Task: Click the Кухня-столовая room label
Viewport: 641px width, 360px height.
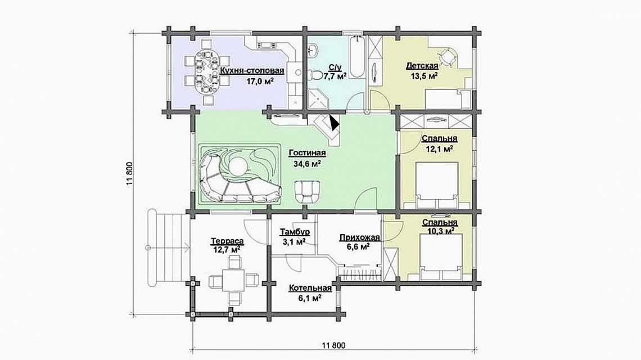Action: click(x=252, y=70)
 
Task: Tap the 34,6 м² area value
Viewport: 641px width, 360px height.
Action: click(x=307, y=164)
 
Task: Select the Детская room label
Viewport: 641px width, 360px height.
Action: click(x=422, y=66)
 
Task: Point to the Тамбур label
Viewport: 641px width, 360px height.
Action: click(x=295, y=232)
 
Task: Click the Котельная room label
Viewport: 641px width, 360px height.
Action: click(x=310, y=288)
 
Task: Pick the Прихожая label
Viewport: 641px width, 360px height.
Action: click(x=360, y=237)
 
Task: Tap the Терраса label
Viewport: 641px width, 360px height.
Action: click(x=227, y=241)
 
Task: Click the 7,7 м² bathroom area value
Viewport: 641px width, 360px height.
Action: click(x=335, y=76)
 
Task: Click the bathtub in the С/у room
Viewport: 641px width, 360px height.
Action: click(x=357, y=57)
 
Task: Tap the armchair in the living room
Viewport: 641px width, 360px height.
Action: click(x=308, y=192)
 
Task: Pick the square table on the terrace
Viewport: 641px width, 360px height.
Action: click(x=234, y=281)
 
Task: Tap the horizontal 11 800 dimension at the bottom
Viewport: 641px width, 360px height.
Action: click(x=333, y=345)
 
